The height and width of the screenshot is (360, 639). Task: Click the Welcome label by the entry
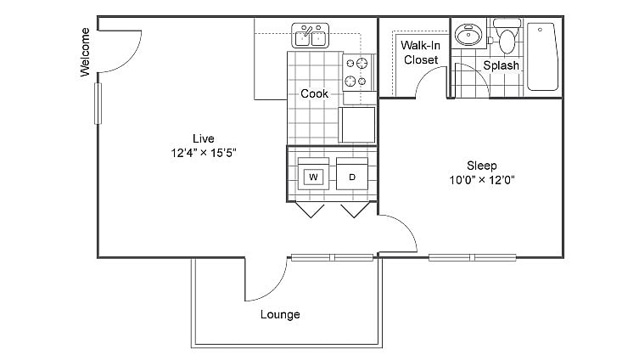pos(85,53)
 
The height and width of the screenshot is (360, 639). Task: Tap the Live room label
pos(203,138)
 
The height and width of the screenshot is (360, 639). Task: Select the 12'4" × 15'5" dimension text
pos(203,154)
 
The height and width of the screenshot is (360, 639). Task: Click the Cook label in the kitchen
pos(314,93)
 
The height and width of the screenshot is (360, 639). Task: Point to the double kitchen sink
pos(311,37)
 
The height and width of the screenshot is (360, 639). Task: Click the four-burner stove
pos(357,72)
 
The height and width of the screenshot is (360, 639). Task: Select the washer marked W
pos(313,177)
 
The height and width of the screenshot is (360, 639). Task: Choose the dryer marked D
pos(352,177)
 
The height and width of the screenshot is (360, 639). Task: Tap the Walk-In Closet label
pos(419,53)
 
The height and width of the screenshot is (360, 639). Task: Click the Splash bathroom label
pos(501,65)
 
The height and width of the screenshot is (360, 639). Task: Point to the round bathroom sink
pos(467,36)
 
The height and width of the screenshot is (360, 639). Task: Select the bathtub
pos(541,56)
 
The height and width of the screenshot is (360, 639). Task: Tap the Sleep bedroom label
pos(481,165)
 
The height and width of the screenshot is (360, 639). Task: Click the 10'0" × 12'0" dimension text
pos(482,180)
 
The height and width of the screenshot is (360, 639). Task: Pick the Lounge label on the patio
pos(280,315)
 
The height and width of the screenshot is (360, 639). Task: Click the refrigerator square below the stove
pos(356,125)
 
